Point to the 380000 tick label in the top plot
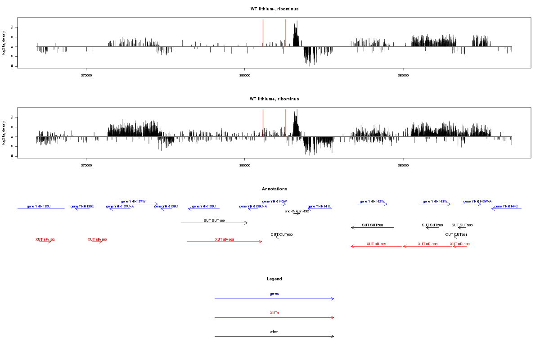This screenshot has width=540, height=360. (x=244, y=76)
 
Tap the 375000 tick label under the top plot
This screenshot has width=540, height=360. (x=86, y=76)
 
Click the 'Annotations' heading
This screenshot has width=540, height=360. (x=274, y=189)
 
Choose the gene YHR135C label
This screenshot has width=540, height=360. (x=39, y=206)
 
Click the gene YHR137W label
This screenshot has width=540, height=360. (x=133, y=201)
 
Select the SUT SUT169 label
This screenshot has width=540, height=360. (x=214, y=220)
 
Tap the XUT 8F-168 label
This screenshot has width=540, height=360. (x=225, y=239)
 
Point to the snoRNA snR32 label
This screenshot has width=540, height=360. (x=297, y=211)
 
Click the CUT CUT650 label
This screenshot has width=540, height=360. (x=282, y=234)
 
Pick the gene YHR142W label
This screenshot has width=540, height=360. (x=372, y=201)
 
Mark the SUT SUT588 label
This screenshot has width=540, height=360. (x=373, y=225)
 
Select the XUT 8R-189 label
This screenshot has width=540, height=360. (x=376, y=244)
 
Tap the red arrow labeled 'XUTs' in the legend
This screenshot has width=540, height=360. (x=274, y=318)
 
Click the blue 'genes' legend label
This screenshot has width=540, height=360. (x=274, y=293)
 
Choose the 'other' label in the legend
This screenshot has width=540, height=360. (x=274, y=332)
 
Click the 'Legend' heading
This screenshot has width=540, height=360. (x=274, y=279)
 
